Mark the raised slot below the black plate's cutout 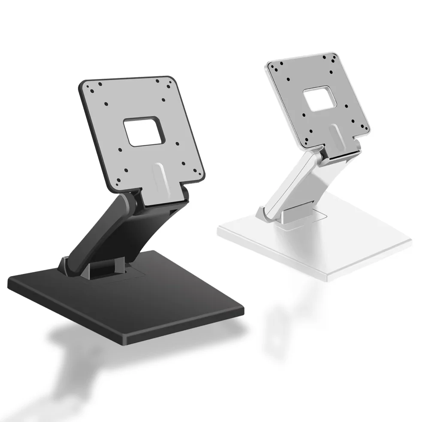tap(160, 176)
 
